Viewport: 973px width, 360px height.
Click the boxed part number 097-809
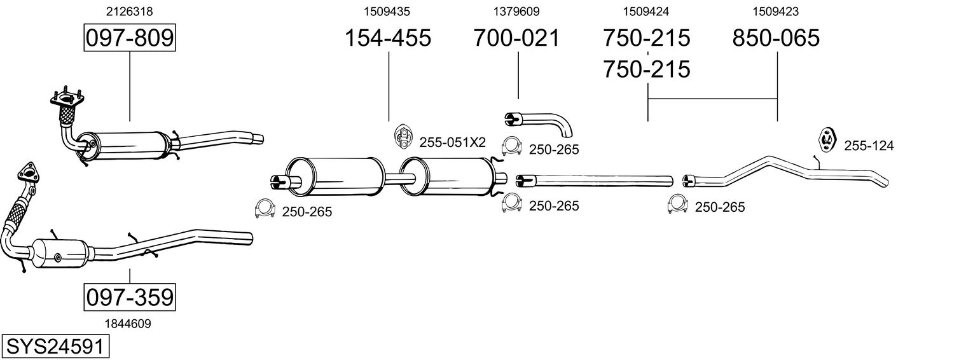click(x=130, y=38)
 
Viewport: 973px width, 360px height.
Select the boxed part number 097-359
click(x=130, y=297)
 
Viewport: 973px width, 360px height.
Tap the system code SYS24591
click(x=54, y=347)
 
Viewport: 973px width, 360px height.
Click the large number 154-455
click(x=388, y=38)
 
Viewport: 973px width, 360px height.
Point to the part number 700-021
click(x=517, y=38)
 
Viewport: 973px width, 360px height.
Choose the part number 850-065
click(x=776, y=38)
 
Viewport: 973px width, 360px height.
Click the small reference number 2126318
click(x=129, y=11)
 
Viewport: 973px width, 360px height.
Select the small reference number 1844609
click(x=129, y=324)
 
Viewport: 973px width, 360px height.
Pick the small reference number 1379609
click(x=516, y=11)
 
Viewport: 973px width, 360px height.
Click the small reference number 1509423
click(x=776, y=11)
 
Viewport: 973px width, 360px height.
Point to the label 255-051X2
click(x=452, y=142)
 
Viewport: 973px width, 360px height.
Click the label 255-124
click(x=869, y=146)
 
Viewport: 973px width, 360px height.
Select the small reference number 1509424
click(x=646, y=11)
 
